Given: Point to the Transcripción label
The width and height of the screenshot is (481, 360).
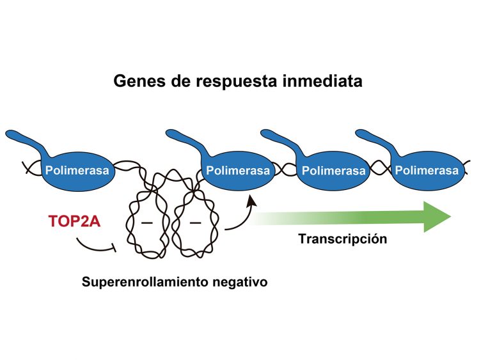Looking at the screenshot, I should pos(343,239).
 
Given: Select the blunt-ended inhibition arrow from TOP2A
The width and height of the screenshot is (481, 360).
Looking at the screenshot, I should pos(96,247).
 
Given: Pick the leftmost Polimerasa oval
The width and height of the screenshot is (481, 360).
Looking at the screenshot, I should pos(77,171).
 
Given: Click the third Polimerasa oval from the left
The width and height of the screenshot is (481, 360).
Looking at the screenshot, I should pos(333,171).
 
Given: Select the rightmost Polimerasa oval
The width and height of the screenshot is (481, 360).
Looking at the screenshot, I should pos(427,171).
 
